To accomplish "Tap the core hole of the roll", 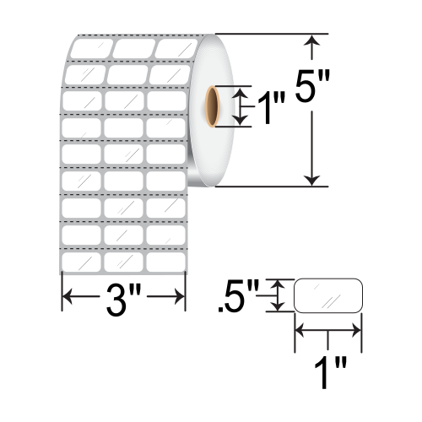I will coord(210,105).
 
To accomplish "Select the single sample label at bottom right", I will coord(327,297).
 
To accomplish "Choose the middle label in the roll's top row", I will coord(133,48).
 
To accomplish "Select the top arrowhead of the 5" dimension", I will coord(314,41).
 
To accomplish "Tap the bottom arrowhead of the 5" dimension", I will coord(314,179).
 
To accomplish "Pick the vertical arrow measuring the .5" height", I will coord(276,297).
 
